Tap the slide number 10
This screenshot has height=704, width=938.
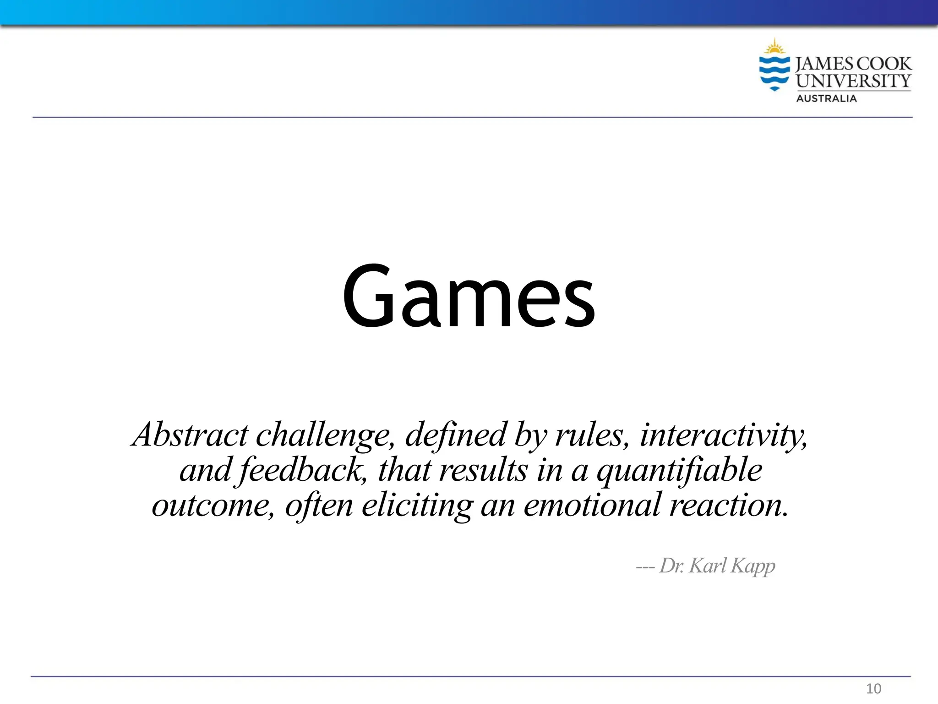click(x=873, y=688)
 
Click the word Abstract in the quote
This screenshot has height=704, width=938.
click(x=190, y=434)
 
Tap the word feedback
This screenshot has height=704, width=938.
click(x=302, y=470)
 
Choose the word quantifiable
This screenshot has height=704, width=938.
click(x=680, y=470)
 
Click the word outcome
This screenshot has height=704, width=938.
click(x=213, y=505)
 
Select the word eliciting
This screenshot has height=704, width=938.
click(x=417, y=505)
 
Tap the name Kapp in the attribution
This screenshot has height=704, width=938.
click(x=753, y=566)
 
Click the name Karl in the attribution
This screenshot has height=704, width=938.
click(x=708, y=565)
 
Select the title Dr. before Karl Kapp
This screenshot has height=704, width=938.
click(x=672, y=566)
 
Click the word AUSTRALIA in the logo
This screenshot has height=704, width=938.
click(x=826, y=99)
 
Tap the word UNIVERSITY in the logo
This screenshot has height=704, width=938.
click(x=853, y=81)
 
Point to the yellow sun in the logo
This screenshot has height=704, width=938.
click(x=774, y=47)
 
